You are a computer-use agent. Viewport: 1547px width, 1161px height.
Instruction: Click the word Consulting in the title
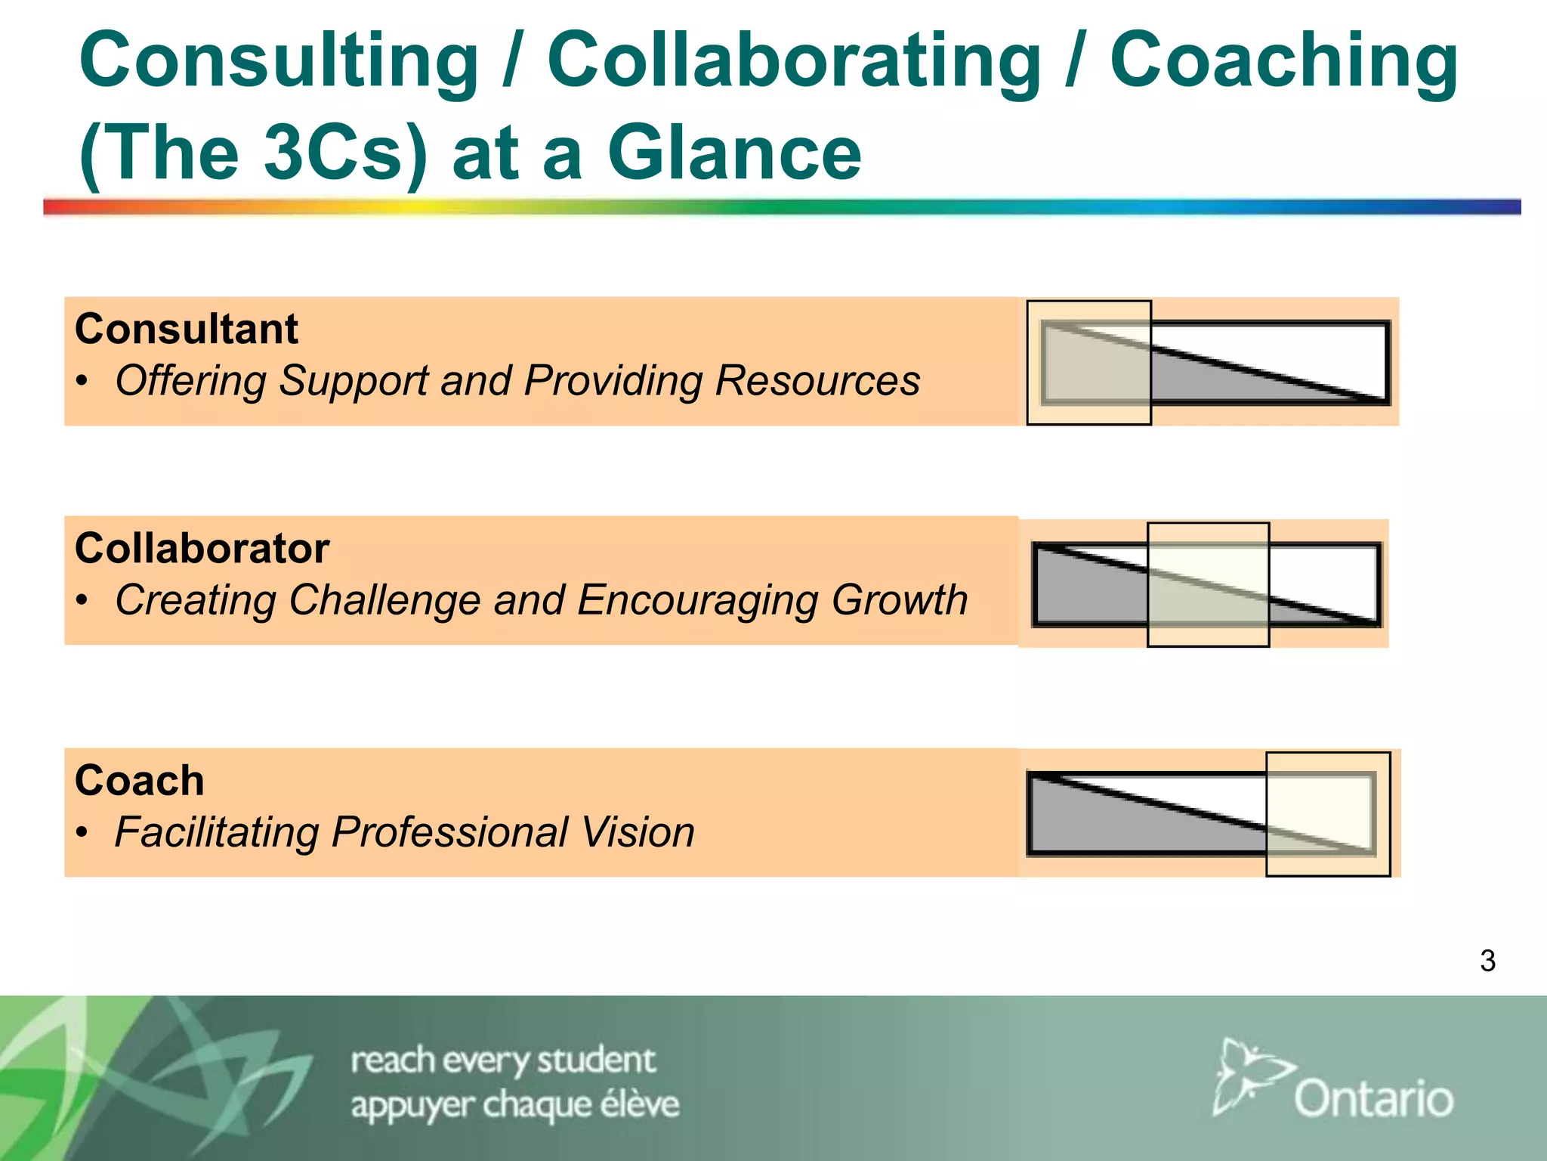pyautogui.click(x=279, y=62)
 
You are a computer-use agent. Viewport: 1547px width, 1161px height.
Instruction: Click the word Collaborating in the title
pyautogui.click(x=793, y=62)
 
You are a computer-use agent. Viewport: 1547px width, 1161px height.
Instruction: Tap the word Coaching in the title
pyautogui.click(x=1283, y=62)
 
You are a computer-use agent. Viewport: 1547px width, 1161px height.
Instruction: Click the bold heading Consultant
pyautogui.click(x=187, y=330)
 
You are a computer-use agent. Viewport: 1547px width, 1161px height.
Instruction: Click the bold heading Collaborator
pyautogui.click(x=202, y=549)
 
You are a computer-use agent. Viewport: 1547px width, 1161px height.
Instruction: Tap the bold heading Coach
pyautogui.click(x=140, y=781)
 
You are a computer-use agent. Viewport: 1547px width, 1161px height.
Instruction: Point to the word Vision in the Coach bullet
pyautogui.click(x=638, y=832)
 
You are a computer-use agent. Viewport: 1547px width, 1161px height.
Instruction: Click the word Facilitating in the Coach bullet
pyautogui.click(x=216, y=832)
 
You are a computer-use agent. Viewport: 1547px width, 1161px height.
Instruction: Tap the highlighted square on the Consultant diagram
pyautogui.click(x=1088, y=363)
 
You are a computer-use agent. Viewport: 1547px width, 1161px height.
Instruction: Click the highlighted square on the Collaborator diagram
pyautogui.click(x=1208, y=584)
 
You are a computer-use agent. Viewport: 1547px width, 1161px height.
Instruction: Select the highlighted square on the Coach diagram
pyautogui.click(x=1328, y=814)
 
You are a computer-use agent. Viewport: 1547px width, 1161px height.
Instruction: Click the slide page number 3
pyautogui.click(x=1487, y=961)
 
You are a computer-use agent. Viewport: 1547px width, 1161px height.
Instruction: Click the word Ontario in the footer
pyautogui.click(x=1373, y=1098)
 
